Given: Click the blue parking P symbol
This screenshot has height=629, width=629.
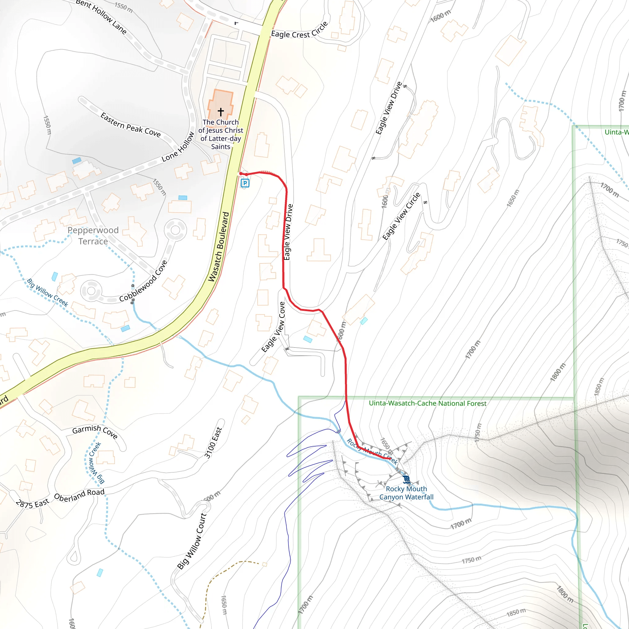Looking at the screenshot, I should coord(245,183).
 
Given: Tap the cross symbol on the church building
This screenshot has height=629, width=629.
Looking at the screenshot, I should coord(221,112).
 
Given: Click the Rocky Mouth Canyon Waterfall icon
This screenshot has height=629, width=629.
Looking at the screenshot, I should coord(406,479).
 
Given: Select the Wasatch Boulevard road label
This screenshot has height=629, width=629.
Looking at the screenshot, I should coord(219,247).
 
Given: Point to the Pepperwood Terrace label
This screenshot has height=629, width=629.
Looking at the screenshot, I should coord(93,236).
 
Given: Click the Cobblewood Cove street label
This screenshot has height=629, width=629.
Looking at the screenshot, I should coord(143,281).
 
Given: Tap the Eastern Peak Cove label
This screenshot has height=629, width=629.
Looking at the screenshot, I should coord(131,125).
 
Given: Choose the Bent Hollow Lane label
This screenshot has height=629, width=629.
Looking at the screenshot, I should coord(101,17).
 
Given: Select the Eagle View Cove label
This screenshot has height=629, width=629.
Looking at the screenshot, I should coord(273,327).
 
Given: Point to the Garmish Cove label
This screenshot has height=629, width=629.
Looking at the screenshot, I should coord(95,431).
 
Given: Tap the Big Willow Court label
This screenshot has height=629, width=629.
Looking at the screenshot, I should coord(192,541).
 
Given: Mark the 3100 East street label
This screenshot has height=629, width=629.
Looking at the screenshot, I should coord(213,443).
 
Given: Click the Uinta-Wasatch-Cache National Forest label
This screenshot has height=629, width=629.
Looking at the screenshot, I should coord(428,403).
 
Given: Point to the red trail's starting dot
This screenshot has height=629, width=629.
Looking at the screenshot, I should coord(241,174).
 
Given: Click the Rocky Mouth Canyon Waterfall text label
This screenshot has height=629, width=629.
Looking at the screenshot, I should coord(406,493).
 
